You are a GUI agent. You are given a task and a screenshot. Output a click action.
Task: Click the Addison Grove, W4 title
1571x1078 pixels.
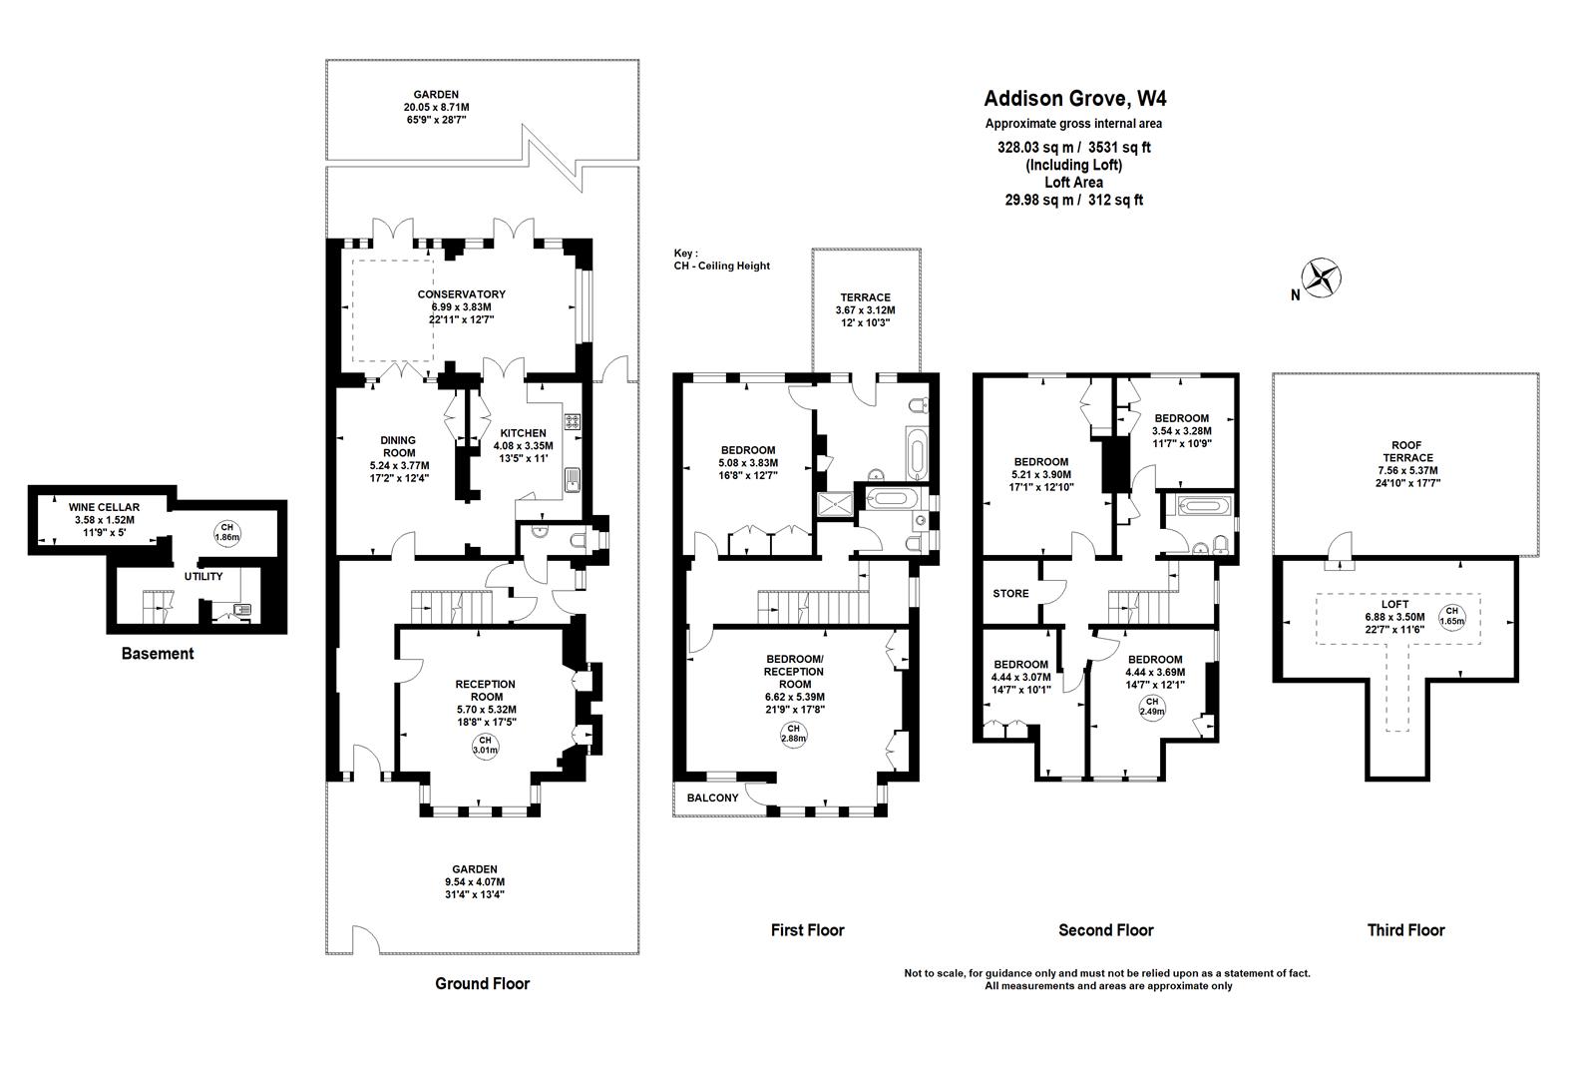click(x=1074, y=99)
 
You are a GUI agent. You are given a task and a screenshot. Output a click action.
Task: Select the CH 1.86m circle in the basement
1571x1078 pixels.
click(x=227, y=532)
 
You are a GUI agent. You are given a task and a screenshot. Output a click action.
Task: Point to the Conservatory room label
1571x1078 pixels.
click(x=461, y=294)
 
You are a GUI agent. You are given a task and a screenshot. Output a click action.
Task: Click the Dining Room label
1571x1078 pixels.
click(x=398, y=446)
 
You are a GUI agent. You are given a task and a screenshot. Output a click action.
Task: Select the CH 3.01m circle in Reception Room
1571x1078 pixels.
click(x=486, y=744)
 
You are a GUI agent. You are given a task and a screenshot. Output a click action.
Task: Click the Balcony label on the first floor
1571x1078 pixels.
click(x=712, y=798)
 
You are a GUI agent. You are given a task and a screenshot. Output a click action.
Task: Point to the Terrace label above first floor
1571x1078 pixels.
click(x=865, y=297)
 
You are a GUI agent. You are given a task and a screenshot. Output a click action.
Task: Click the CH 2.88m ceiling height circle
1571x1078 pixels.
click(x=794, y=734)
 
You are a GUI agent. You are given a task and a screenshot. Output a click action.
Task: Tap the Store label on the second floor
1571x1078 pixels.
click(x=1010, y=594)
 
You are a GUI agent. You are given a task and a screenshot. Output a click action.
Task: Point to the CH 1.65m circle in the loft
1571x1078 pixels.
click(x=1452, y=616)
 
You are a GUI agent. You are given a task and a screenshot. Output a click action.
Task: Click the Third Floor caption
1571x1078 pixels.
click(x=1405, y=930)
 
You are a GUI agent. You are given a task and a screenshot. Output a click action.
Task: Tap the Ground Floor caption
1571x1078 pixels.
click(x=482, y=983)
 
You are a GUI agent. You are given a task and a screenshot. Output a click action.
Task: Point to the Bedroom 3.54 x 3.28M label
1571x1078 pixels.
click(x=1182, y=418)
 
